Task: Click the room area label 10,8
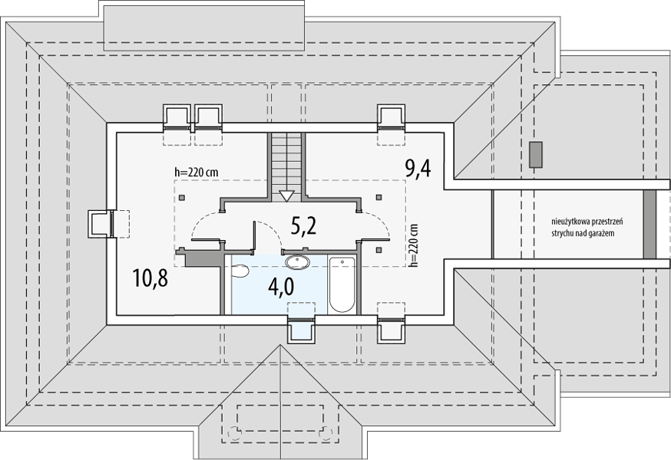coord(150,278)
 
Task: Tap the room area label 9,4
coord(418,168)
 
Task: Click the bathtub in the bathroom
coord(342,284)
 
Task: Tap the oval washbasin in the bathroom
coord(297,262)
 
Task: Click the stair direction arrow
coord(286,195)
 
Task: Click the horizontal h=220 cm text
coord(196,172)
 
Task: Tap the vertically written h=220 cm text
coord(413,245)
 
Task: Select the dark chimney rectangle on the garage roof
coord(536,154)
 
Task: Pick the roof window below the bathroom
coord(302,329)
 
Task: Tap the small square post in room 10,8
coord(182,198)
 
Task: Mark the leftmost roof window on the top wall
coord(177,117)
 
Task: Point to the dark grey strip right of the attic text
coord(650,224)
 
